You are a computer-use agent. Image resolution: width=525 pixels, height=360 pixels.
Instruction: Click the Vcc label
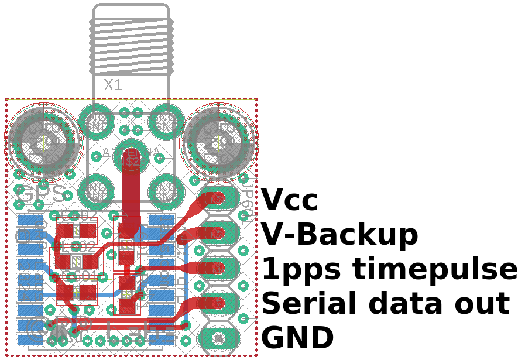pos(289,201)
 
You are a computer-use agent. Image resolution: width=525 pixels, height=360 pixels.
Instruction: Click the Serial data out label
pos(385,304)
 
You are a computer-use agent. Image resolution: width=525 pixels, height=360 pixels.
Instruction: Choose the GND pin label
pos(297,338)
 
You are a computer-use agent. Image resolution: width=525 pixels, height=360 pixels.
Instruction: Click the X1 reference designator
pos(113,85)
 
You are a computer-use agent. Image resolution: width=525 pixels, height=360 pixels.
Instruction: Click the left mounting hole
pos(43,141)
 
